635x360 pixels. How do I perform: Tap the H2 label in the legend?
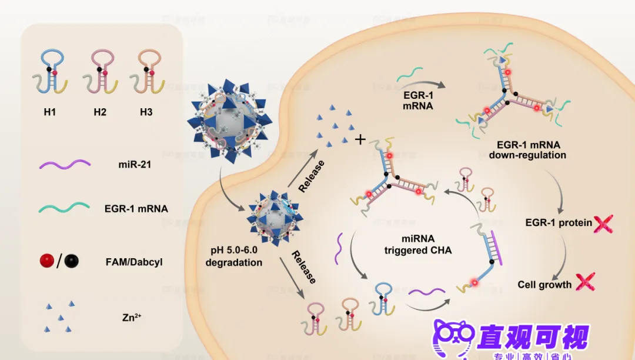click(99, 112)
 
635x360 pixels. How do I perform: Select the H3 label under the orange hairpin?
click(146, 112)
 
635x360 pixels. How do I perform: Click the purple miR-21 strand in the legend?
click(65, 165)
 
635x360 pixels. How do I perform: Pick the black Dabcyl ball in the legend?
click(73, 261)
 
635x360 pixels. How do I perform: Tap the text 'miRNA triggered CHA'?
click(418, 244)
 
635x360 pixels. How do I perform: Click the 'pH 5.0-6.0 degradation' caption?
click(233, 256)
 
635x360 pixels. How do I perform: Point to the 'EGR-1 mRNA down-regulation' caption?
click(527, 150)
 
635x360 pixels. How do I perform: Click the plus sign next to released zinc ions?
click(360, 139)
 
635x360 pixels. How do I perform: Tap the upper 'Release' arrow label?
click(312, 176)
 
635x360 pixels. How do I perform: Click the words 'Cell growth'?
click(544, 285)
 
